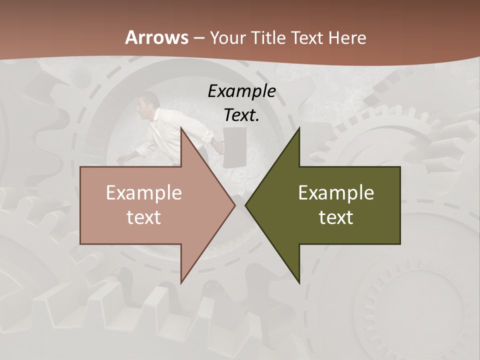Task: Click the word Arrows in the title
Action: point(156,37)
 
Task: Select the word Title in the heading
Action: point(269,37)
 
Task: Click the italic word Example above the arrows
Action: point(241,91)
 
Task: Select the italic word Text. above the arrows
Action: point(241,115)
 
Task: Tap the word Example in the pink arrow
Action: point(143,192)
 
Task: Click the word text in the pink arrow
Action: point(143,217)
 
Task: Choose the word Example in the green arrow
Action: point(336,192)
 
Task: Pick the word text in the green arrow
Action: point(336,217)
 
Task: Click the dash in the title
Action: point(198,38)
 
